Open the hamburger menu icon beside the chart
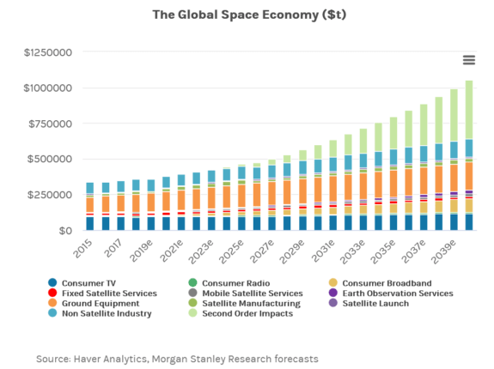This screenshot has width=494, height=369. click(x=469, y=60)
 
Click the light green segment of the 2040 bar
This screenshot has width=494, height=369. click(x=468, y=110)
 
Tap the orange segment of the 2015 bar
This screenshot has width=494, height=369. click(x=89, y=204)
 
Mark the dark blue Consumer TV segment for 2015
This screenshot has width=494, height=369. click(x=89, y=223)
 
